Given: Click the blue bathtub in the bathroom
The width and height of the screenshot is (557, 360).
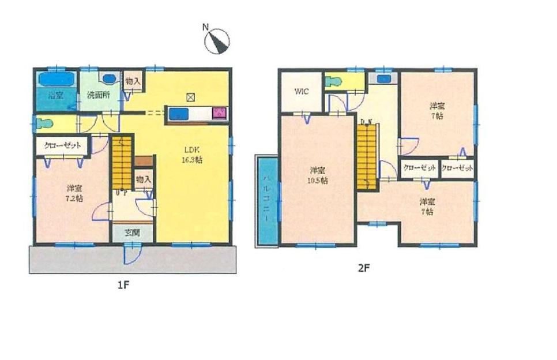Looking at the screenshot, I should point(56,79).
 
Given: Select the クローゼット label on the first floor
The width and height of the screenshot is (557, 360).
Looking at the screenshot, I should point(63,145).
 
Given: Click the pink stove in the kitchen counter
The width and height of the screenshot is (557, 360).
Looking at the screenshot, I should point(219,113).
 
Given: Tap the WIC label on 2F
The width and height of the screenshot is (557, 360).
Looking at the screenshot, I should point(302,92).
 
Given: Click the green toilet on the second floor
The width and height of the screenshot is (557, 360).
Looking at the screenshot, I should point(333,81).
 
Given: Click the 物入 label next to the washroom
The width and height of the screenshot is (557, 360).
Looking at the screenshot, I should point(133,81).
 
